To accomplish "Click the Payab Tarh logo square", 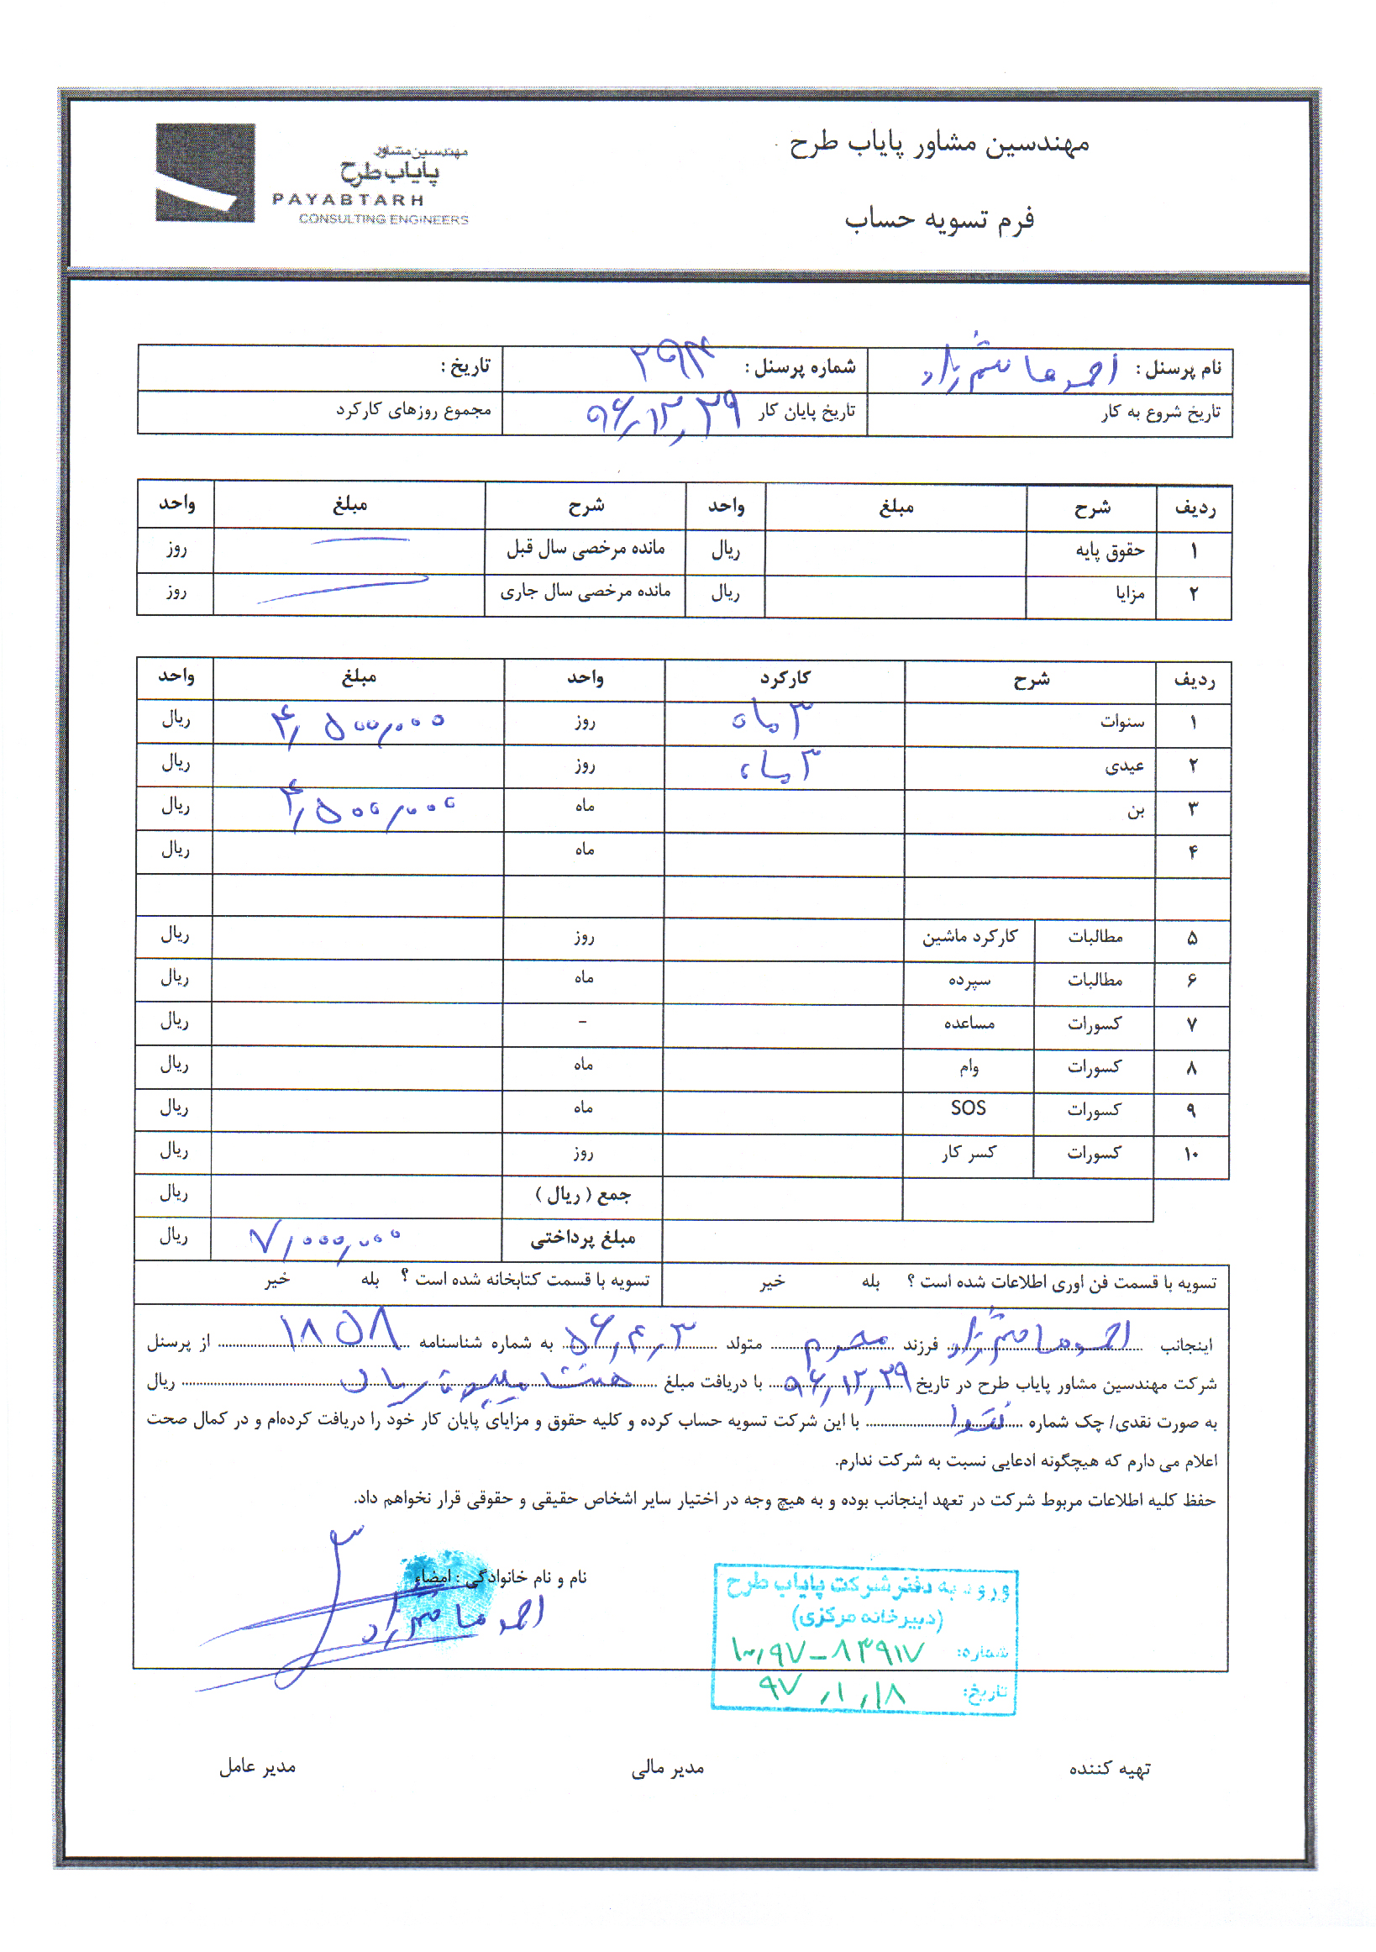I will pos(205,172).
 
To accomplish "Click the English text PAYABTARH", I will pos(348,200).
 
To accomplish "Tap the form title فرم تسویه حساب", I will pos(939,219).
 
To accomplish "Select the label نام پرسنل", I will pos(1179,368).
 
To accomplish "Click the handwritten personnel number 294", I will pos(671,361).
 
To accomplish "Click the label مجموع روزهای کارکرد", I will pos(413,411).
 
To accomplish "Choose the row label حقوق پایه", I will pos(1109,552).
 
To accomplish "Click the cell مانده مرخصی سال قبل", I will pos(586,549).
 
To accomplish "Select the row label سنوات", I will pos(1121,722).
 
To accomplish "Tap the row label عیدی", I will pos(1124,766).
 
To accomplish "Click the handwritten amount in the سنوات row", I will pos(357,725).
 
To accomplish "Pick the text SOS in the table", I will pos(968,1108).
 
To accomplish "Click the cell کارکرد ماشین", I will pos(969,937).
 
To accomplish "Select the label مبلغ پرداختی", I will pos(583,1239).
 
